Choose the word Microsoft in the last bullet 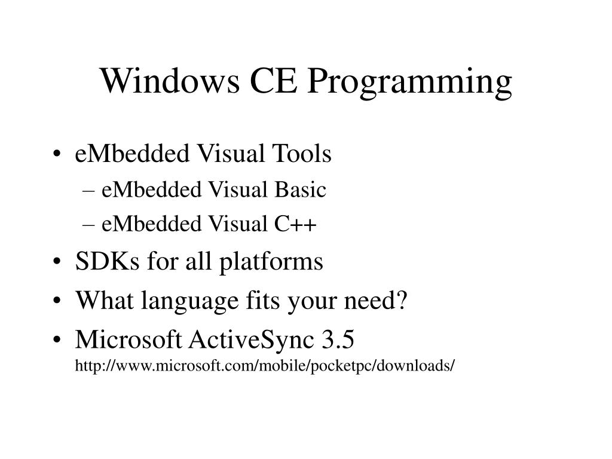128,340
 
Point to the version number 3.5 338,340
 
